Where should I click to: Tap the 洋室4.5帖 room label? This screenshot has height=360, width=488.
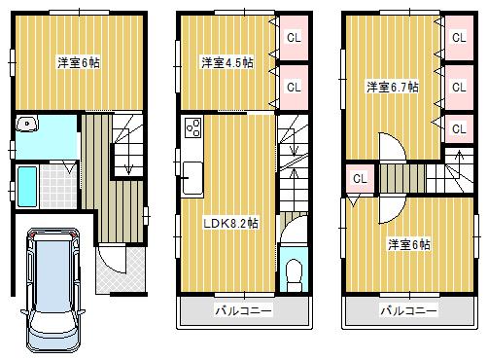click(x=227, y=63)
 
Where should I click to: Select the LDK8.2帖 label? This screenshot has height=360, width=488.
click(x=229, y=223)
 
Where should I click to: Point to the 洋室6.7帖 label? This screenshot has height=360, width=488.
click(x=392, y=87)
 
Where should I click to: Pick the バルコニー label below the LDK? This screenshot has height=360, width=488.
click(x=242, y=310)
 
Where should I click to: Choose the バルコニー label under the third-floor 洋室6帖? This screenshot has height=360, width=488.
click(x=408, y=310)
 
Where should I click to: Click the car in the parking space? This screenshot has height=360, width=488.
click(x=54, y=287)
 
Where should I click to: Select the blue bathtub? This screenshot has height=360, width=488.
click(x=26, y=186)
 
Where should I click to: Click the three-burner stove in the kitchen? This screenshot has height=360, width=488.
click(x=192, y=127)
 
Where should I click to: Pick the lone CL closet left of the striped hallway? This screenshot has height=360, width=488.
click(x=359, y=179)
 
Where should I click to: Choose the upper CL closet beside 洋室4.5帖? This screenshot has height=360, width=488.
click(x=292, y=39)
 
